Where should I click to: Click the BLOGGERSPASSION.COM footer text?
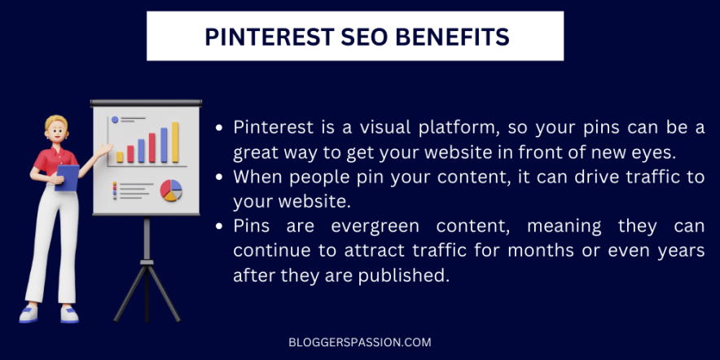[359, 343]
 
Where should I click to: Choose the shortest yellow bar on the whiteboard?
[120, 156]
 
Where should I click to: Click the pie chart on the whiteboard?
[171, 191]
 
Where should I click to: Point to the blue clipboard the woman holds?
[68, 177]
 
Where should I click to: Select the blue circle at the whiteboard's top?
[115, 120]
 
